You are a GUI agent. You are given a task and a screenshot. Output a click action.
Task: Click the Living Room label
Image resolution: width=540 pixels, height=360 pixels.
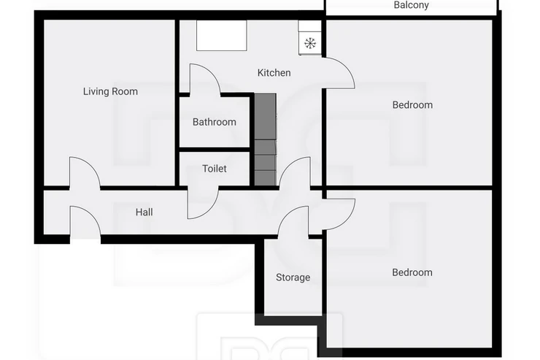[110, 91]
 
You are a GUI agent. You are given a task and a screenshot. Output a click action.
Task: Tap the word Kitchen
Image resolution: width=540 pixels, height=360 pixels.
[274, 73]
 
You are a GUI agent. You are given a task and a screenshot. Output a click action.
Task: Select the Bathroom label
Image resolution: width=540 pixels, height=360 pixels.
[215, 122]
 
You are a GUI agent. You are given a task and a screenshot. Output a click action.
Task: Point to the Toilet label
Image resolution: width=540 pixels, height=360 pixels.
[215, 169]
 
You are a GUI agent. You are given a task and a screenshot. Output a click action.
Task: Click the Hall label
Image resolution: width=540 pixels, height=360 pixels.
[144, 212]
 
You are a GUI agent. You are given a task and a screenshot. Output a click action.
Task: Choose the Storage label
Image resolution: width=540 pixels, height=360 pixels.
[293, 277]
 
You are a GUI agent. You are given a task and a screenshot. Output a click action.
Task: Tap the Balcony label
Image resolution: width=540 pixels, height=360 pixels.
[411, 5]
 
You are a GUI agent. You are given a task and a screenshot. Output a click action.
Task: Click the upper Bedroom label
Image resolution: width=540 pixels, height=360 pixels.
[412, 104]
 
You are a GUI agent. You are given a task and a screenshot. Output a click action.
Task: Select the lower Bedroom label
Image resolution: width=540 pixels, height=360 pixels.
[412, 272]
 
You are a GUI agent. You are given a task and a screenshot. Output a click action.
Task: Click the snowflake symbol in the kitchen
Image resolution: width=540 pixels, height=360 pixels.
[310, 43]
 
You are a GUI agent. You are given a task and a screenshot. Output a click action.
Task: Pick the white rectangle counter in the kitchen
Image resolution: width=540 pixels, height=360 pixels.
[221, 36]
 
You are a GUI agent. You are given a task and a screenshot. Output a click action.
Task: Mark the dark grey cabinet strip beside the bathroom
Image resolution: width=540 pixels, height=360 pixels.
[265, 139]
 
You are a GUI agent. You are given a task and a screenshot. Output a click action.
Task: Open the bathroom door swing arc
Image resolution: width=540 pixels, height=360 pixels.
[211, 72]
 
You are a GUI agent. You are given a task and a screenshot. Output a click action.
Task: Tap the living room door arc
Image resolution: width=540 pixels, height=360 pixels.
[92, 165]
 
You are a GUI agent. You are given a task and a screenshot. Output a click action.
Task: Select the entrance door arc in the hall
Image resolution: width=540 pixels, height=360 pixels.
[92, 214]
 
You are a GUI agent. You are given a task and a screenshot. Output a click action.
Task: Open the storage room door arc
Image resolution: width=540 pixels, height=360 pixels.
[287, 214]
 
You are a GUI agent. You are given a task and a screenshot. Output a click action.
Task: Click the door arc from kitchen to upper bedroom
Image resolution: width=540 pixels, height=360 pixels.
[347, 66]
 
